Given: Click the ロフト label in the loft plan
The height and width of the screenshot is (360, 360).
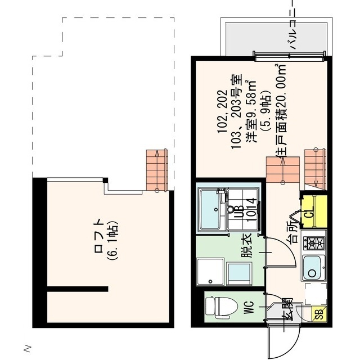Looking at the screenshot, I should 98,235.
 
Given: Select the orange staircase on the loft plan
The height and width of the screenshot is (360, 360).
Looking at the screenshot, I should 157,169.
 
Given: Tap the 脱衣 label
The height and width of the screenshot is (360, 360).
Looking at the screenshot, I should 246,247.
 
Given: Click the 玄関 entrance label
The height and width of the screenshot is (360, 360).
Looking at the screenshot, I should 287,309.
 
